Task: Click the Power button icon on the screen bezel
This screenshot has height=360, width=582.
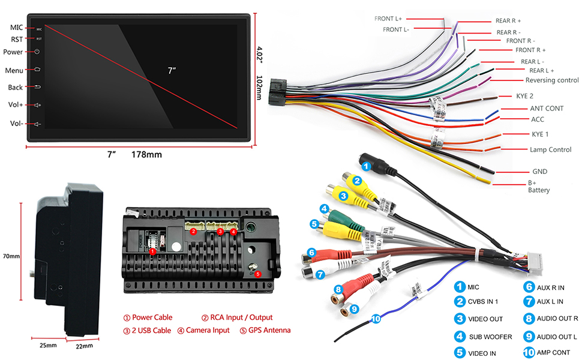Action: pos(37,52)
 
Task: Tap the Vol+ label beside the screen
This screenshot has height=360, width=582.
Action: pos(16,105)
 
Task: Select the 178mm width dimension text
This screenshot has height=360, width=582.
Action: pos(146,155)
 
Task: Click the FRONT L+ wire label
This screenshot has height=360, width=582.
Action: pos(388,19)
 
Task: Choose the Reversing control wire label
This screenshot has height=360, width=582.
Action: pos(552,80)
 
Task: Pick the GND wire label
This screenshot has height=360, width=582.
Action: pos(539,172)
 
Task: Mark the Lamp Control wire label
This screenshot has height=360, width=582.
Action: pos(550,149)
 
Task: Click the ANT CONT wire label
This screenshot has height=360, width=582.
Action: pos(545,109)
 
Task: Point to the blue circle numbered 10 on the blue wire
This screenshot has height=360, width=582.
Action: pos(376,319)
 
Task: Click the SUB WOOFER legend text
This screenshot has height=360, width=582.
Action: pos(490,337)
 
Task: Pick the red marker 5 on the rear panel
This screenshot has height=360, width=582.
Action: pos(257,274)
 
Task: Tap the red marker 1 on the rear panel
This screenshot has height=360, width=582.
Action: pos(153,252)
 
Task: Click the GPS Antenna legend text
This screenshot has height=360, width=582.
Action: pos(266,330)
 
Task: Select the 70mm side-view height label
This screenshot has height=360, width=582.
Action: pos(11,256)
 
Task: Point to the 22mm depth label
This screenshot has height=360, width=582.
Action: pos(85,346)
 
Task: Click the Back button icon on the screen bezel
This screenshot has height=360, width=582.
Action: pos(37,87)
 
